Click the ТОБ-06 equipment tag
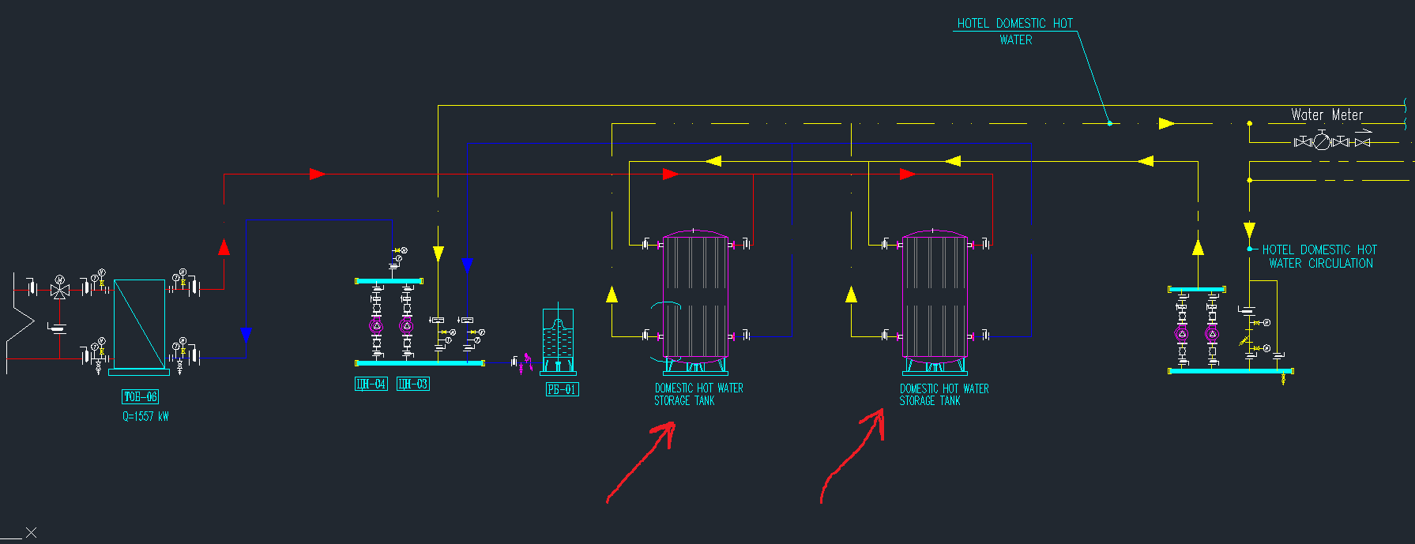(x=140, y=396)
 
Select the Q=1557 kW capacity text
(x=145, y=416)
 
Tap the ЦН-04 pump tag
(x=371, y=384)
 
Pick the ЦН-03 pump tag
(x=412, y=384)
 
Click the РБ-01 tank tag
(x=562, y=389)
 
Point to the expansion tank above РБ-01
(x=558, y=340)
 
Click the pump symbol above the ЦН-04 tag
(x=377, y=325)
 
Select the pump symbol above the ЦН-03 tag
(x=407, y=325)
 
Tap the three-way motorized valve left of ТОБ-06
(x=60, y=289)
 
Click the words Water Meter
(x=1327, y=115)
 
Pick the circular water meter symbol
(x=1322, y=142)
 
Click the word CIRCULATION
(x=1341, y=264)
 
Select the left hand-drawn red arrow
(x=642, y=462)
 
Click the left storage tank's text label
(x=698, y=394)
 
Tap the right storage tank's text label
(x=944, y=395)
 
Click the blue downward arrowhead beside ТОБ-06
(x=246, y=335)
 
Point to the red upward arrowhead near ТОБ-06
(x=224, y=247)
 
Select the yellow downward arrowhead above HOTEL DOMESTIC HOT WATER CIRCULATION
(x=1249, y=230)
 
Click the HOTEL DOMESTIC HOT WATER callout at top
(x=1015, y=32)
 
